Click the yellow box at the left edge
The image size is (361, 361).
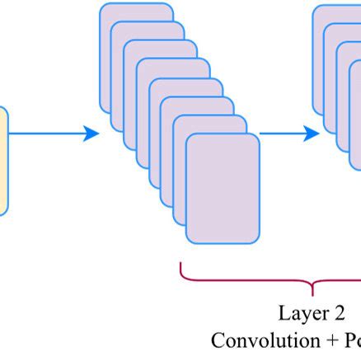(x=3, y=160)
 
